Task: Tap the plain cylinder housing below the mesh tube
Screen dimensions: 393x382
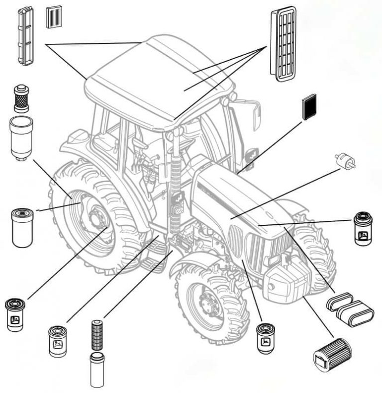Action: click(x=97, y=370)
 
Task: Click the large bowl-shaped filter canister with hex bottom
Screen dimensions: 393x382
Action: click(x=21, y=137)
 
